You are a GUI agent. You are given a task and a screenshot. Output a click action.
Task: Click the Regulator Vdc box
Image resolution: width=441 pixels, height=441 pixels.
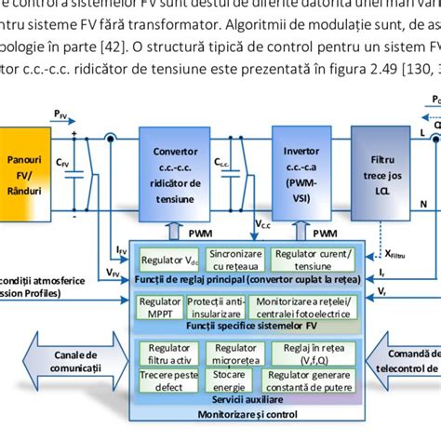click(x=168, y=260)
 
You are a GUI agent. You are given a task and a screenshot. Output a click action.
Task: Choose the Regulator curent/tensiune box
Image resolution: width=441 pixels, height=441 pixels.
click(x=313, y=260)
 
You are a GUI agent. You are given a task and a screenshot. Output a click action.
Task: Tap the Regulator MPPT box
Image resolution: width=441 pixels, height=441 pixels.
click(x=159, y=307)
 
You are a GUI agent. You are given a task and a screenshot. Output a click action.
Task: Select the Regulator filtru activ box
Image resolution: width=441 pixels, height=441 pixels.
click(x=167, y=354)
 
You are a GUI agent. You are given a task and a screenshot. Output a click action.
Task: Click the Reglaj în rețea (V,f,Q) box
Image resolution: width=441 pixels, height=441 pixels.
click(x=307, y=354)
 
